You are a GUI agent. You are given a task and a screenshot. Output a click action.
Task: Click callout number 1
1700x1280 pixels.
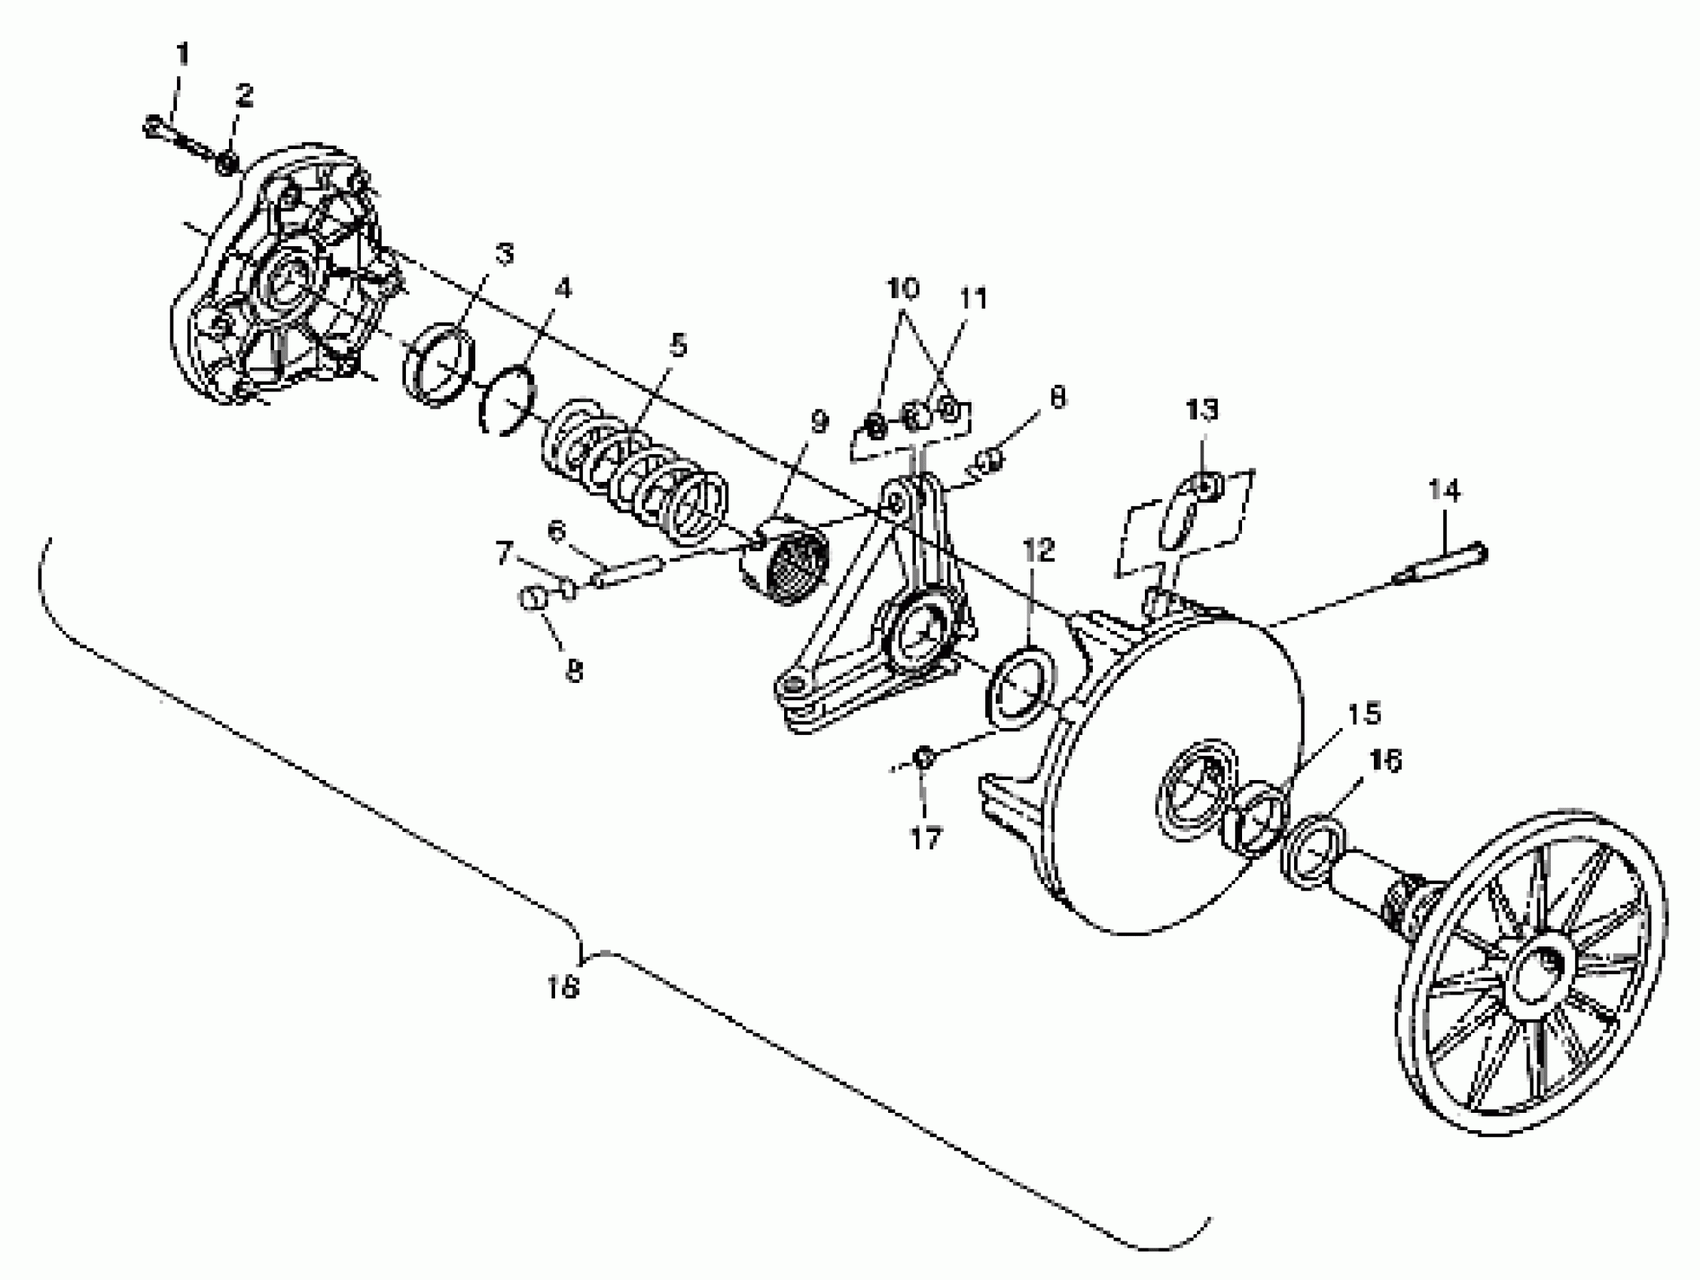click(x=183, y=54)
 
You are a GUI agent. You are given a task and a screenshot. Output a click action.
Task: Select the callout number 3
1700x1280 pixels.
click(x=504, y=254)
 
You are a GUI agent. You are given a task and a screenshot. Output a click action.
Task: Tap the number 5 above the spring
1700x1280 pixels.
click(x=678, y=346)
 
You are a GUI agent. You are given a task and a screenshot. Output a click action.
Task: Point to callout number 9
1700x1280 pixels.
click(x=820, y=421)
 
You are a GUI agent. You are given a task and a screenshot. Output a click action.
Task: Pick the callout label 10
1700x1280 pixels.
click(x=903, y=290)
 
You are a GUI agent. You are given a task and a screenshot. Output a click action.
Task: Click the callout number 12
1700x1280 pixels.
click(x=1038, y=550)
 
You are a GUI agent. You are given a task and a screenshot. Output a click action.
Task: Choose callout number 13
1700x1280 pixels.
click(x=1202, y=410)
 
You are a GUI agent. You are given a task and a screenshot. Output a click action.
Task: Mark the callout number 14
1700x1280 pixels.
click(x=1444, y=490)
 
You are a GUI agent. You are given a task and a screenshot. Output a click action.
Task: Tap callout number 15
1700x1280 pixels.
click(x=1364, y=714)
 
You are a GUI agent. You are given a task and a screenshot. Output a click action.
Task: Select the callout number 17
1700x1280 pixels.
click(x=925, y=838)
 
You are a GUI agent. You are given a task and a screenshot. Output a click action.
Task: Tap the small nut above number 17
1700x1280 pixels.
click(x=925, y=757)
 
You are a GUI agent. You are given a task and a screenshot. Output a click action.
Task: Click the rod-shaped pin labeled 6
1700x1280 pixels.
click(x=630, y=572)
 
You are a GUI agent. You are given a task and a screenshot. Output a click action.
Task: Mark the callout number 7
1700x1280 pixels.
click(x=504, y=553)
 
